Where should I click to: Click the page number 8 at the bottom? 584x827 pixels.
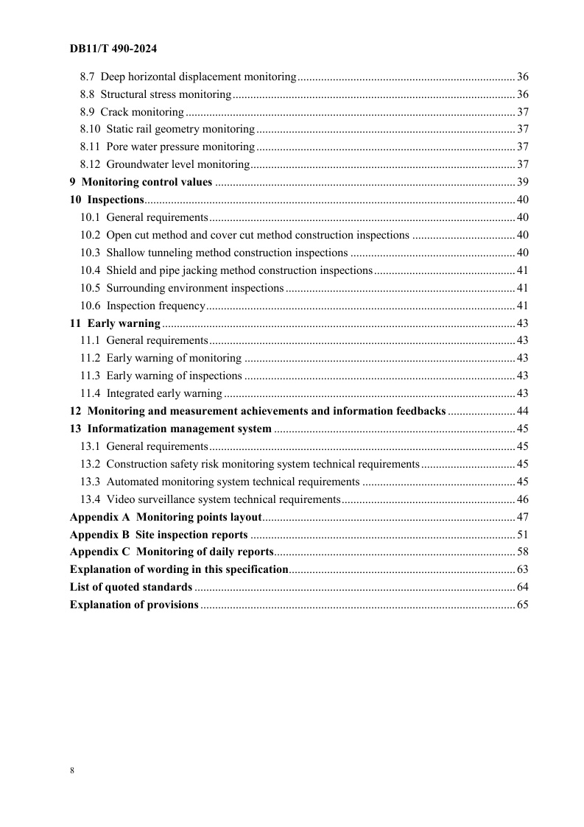pyautogui.click(x=72, y=770)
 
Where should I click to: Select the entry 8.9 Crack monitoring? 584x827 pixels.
pyautogui.click(x=132, y=112)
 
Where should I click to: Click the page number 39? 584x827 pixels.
pyautogui.click(x=523, y=183)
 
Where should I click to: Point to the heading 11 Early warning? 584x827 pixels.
pyautogui.click(x=115, y=323)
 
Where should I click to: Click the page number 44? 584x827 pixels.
pyautogui.click(x=523, y=411)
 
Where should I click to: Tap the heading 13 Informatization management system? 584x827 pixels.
pyautogui.click(x=170, y=429)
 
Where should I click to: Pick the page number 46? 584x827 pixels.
pyautogui.click(x=523, y=499)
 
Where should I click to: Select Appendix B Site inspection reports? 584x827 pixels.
pyautogui.click(x=158, y=535)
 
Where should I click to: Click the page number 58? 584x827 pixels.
pyautogui.click(x=523, y=552)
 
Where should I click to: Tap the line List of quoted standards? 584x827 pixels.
pyautogui.click(x=131, y=587)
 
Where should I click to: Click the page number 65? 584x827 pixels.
pyautogui.click(x=523, y=605)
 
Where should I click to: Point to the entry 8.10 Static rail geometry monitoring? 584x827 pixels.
pyautogui.click(x=167, y=130)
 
